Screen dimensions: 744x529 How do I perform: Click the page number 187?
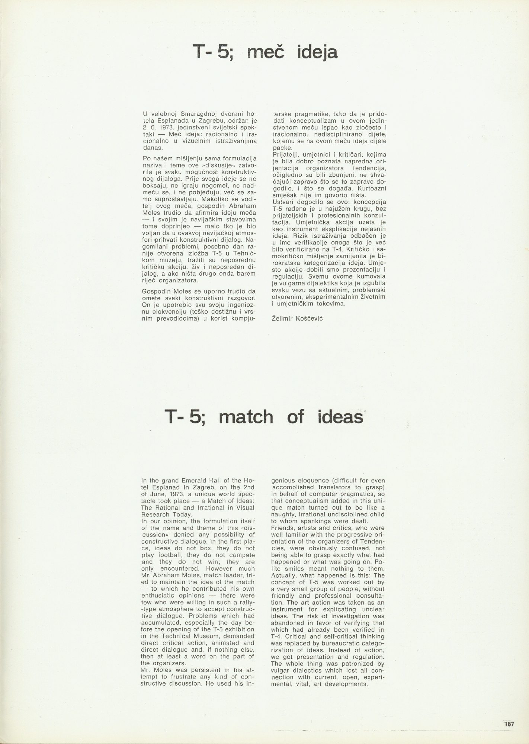point(509,724)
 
